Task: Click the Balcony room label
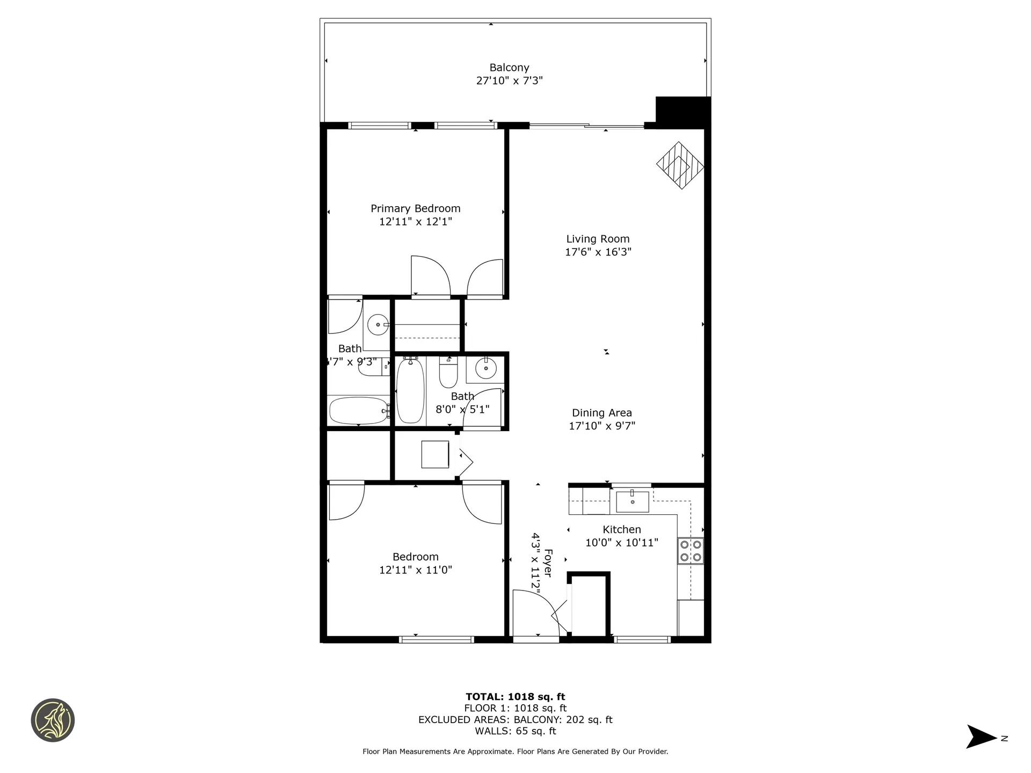[509, 68]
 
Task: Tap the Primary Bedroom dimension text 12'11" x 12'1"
[415, 222]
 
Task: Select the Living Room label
[598, 239]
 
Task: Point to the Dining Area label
[601, 413]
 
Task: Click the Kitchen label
[621, 529]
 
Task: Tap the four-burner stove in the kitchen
[691, 551]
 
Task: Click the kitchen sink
[632, 501]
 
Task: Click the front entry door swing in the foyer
[534, 612]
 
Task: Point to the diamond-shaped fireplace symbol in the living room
[680, 165]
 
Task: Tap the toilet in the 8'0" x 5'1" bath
[448, 373]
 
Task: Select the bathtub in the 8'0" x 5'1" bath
[410, 391]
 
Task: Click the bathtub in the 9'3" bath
[358, 411]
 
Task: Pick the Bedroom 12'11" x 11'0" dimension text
[415, 570]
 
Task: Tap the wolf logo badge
[53, 720]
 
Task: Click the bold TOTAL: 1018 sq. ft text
[515, 697]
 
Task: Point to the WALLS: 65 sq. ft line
[515, 731]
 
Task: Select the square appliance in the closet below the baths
[435, 454]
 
